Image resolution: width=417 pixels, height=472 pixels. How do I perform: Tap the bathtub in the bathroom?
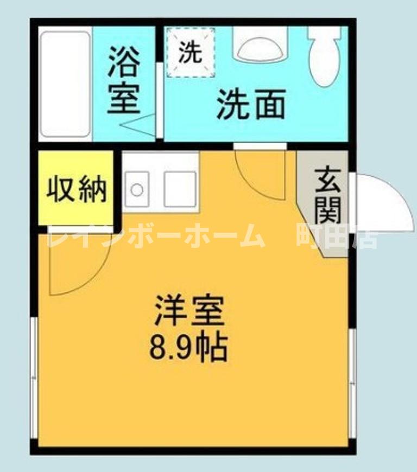click(x=65, y=84)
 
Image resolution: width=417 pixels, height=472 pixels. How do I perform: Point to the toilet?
click(x=324, y=54)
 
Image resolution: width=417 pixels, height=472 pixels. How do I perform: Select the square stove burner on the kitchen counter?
click(x=180, y=188)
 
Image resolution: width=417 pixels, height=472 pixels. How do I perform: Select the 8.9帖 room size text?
click(x=188, y=349)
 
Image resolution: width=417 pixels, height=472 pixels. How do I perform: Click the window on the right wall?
click(x=352, y=374)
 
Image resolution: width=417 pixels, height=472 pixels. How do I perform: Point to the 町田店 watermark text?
click(x=337, y=237)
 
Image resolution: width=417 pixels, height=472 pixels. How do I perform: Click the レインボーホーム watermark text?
click(x=157, y=237)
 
